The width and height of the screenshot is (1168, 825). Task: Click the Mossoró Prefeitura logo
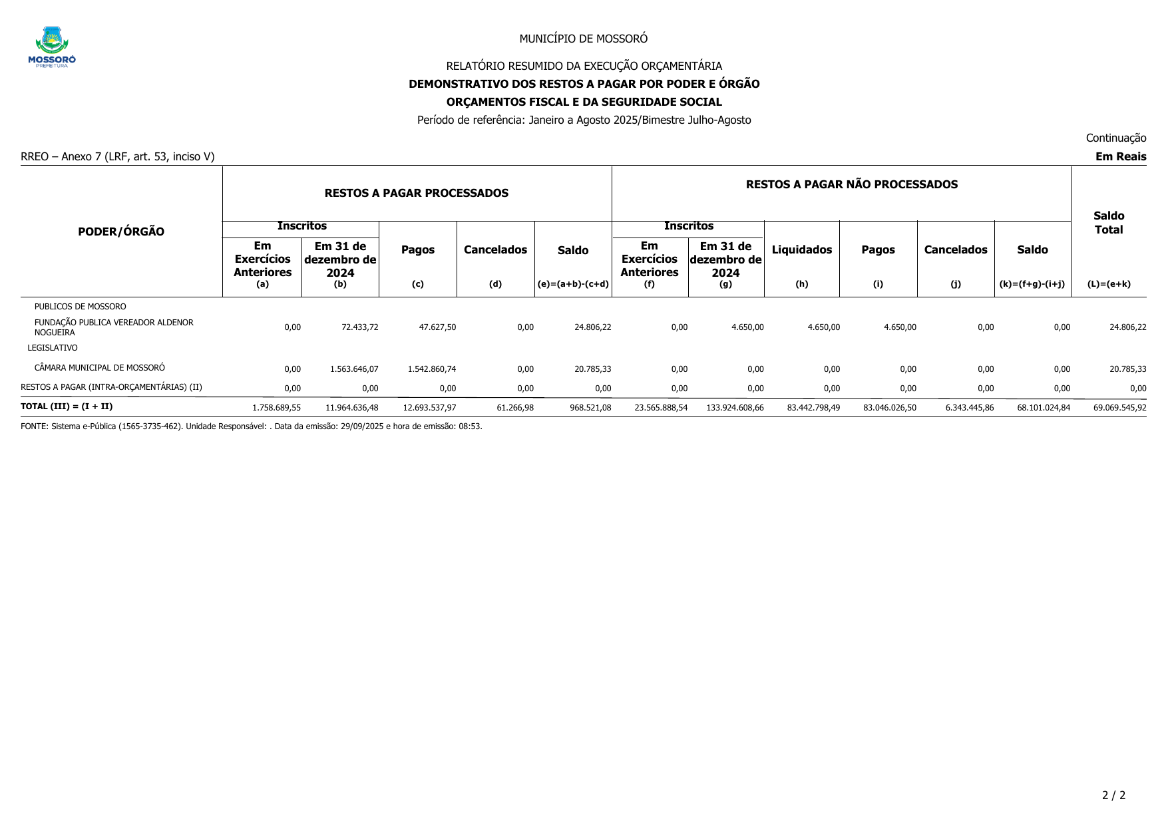pyautogui.click(x=52, y=47)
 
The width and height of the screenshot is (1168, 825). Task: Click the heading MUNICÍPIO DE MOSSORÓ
pyautogui.click(x=583, y=39)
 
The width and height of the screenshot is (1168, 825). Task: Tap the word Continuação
pyautogui.click(x=1115, y=138)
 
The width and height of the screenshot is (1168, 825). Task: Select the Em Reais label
pyautogui.click(x=1121, y=156)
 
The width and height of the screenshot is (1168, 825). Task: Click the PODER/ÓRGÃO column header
pyautogui.click(x=121, y=232)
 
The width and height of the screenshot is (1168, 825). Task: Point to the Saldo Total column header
pyautogui.click(x=1108, y=223)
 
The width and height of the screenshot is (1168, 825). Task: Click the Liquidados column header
pyautogui.click(x=801, y=249)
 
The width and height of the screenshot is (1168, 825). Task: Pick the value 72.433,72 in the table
pyautogui.click(x=359, y=327)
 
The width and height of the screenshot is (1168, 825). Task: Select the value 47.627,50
pyautogui.click(x=437, y=327)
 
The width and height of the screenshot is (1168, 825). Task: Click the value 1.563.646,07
pyautogui.click(x=354, y=369)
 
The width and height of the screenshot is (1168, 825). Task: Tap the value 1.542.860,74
pyautogui.click(x=431, y=369)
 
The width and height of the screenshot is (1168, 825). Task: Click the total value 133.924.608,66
pyautogui.click(x=735, y=408)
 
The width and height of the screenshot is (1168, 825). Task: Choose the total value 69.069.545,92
pyautogui.click(x=1119, y=408)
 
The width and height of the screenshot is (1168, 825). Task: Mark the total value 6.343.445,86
pyautogui.click(x=969, y=408)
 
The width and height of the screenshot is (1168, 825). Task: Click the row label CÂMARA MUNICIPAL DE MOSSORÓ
pyautogui.click(x=99, y=368)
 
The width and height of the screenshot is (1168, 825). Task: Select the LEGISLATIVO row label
pyautogui.click(x=53, y=348)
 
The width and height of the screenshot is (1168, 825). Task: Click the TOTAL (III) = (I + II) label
pyautogui.click(x=67, y=407)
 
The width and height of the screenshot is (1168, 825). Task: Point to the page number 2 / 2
pyautogui.click(x=1113, y=795)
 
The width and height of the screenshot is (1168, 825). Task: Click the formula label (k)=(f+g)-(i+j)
pyautogui.click(x=1032, y=284)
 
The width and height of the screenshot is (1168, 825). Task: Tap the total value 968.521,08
pyautogui.click(x=590, y=408)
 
